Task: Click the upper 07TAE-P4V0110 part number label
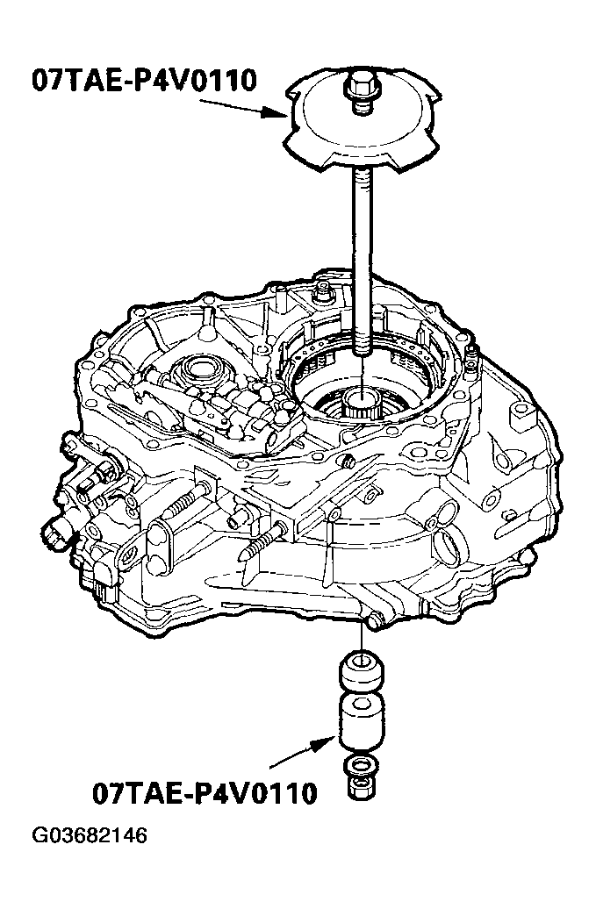pyautogui.click(x=144, y=80)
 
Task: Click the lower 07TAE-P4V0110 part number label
pyautogui.click(x=205, y=793)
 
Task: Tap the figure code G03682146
pyautogui.click(x=90, y=835)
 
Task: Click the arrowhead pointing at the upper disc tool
pyautogui.click(x=273, y=113)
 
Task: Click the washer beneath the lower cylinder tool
pyautogui.click(x=361, y=767)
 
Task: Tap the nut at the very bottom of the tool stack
pyautogui.click(x=361, y=789)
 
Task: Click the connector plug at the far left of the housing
pyautogui.click(x=57, y=530)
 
